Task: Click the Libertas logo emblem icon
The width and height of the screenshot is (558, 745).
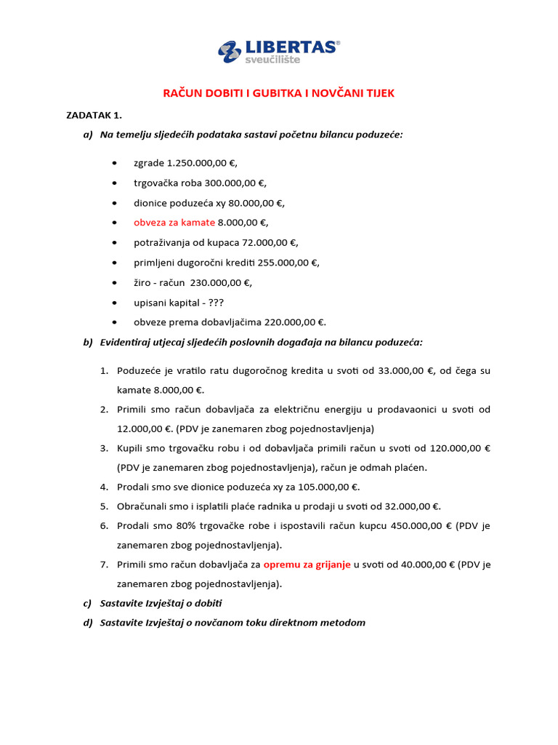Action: point(230,52)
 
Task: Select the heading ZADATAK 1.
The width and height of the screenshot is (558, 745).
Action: point(94,115)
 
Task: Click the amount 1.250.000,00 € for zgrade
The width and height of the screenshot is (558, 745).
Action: point(202,163)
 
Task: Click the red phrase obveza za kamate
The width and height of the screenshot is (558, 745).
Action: point(174,223)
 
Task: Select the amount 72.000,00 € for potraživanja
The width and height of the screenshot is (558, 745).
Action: point(266,242)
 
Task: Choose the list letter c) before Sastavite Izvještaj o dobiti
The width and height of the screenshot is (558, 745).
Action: point(88,603)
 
